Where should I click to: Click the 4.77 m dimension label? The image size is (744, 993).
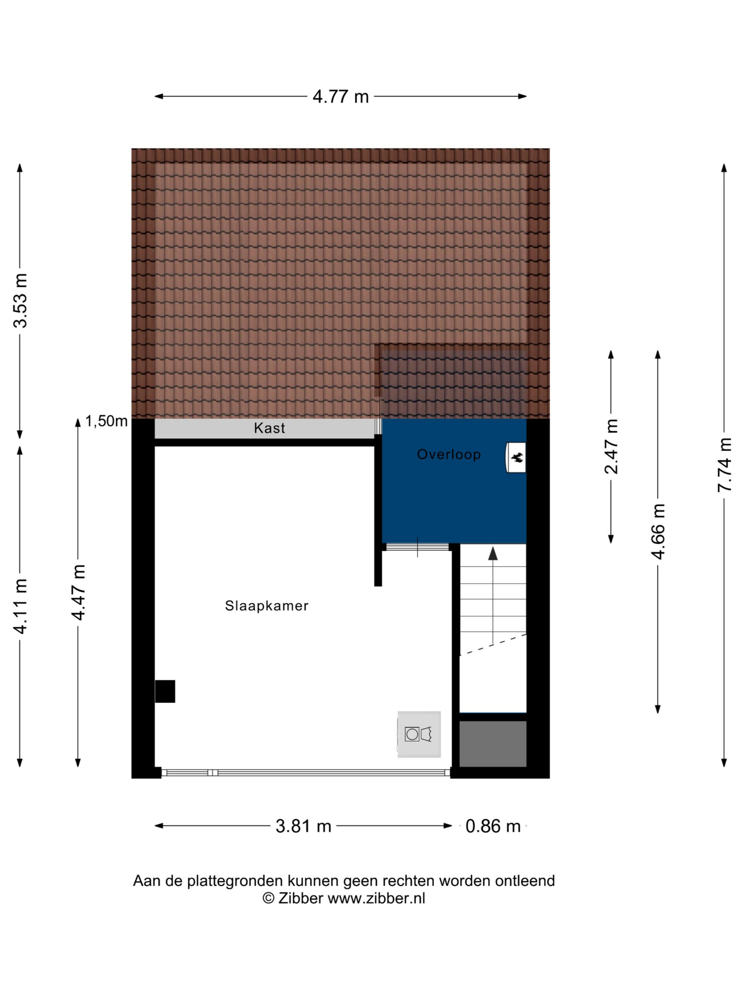(340, 97)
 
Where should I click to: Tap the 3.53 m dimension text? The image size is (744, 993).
(21, 300)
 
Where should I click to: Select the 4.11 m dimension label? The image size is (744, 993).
(21, 606)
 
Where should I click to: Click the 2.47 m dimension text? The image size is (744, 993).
(611, 446)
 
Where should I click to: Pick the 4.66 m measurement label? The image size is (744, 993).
(658, 531)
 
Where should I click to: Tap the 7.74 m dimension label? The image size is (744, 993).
(724, 465)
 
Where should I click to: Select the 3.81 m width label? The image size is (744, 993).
(303, 826)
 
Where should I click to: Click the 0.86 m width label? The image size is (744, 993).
(493, 826)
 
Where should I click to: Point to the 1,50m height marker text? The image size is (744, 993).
(106, 421)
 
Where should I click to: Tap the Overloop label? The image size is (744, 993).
(448, 454)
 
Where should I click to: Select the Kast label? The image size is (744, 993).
(270, 428)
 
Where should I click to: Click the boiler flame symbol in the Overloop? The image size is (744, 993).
(517, 457)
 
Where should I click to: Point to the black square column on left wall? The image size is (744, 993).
(165, 691)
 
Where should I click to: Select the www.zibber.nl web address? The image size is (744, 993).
(376, 898)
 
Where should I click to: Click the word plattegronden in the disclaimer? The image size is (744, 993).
(236, 881)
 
